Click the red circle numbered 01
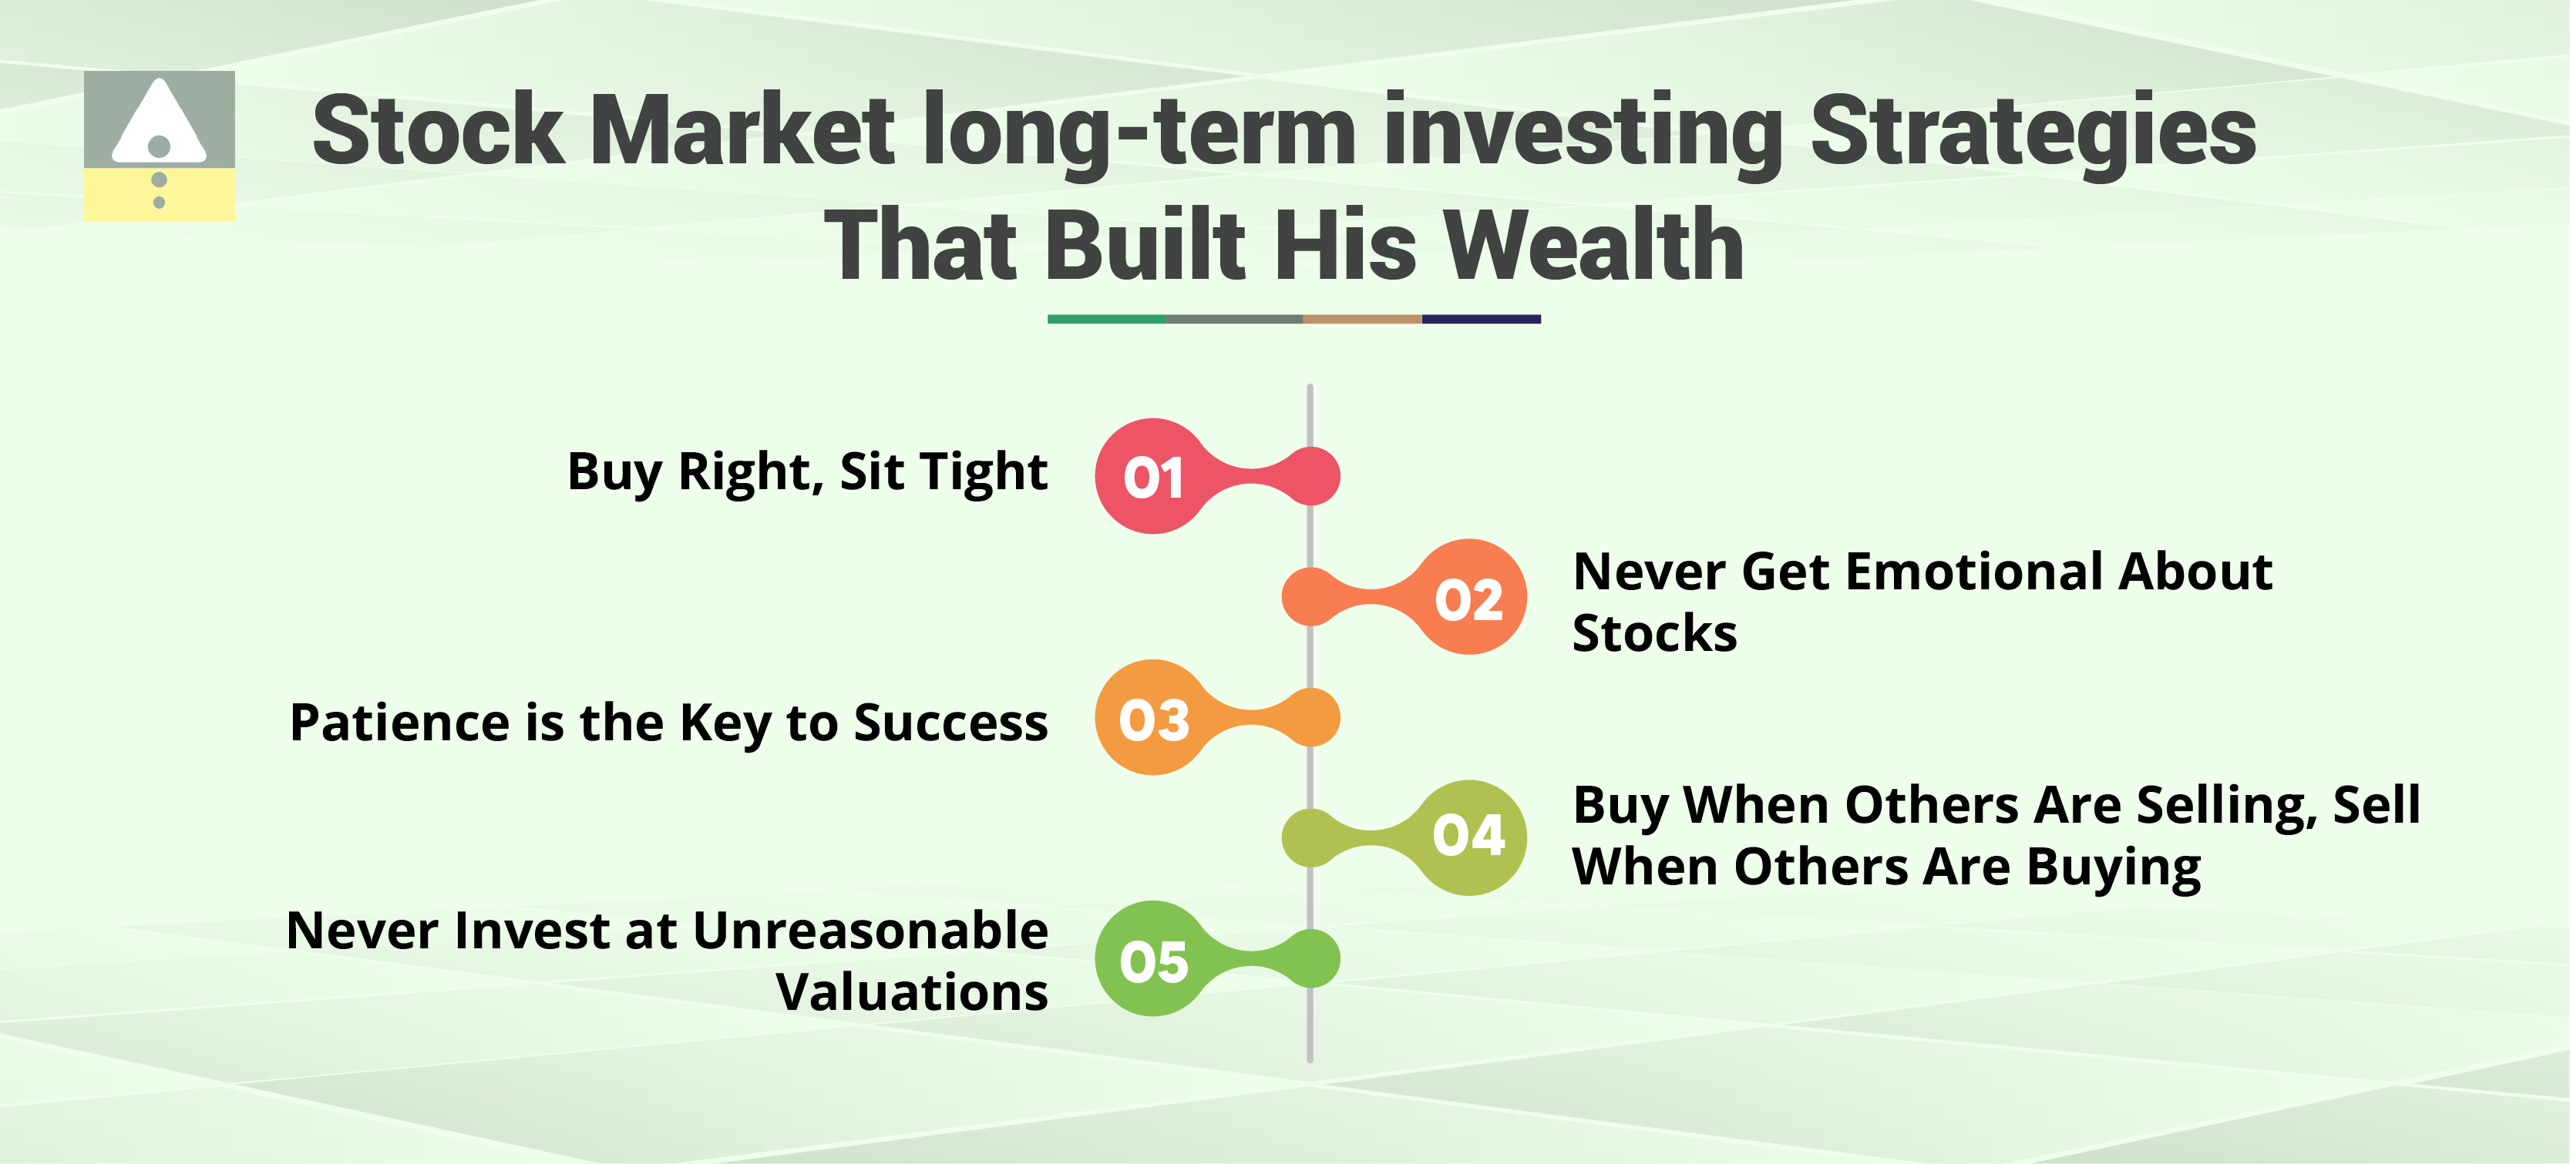coord(1153,477)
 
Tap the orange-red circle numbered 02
coord(1468,598)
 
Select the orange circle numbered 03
coord(1153,717)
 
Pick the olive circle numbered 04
coord(1468,838)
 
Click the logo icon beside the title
coord(160,146)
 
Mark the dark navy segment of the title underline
coord(1482,319)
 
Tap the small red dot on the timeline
coord(1310,476)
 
